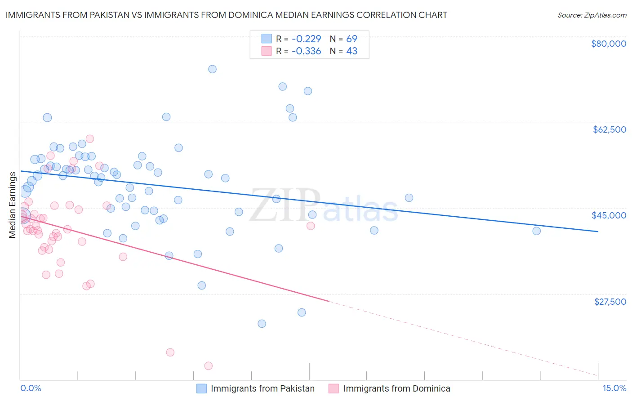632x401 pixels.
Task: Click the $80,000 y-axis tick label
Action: point(609,44)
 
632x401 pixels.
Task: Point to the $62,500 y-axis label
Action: point(609,129)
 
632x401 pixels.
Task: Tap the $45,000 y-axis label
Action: point(609,215)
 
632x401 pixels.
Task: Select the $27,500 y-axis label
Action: point(610,302)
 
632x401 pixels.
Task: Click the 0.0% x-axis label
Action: point(31,388)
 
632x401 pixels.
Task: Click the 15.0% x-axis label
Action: point(614,388)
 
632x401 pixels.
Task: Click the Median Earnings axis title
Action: point(13,205)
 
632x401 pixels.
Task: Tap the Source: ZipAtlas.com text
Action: point(592,15)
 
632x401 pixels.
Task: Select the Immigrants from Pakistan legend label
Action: point(263,388)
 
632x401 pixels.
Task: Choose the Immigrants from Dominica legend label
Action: point(396,388)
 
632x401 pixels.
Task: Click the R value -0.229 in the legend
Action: point(306,39)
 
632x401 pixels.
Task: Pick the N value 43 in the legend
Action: point(352,51)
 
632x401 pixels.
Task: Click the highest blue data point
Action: point(212,69)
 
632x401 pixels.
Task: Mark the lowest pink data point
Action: point(208,366)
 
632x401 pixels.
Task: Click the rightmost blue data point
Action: point(536,231)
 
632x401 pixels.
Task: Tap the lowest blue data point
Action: point(262,324)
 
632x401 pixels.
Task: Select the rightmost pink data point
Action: point(311,226)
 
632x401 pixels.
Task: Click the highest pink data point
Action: point(90,139)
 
